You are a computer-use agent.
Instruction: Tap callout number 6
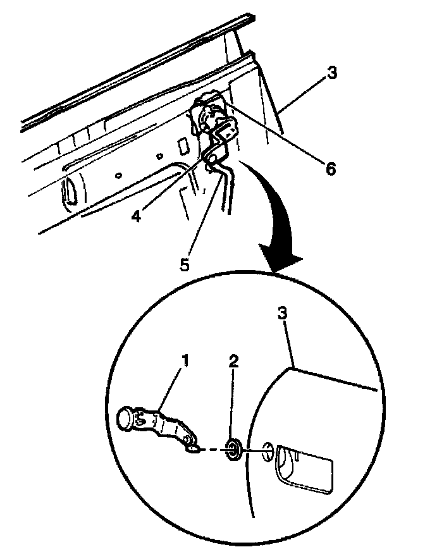pos(330,169)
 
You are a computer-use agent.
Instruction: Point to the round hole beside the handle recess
pos(268,451)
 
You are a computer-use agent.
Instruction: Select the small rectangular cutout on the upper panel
pos(182,147)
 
